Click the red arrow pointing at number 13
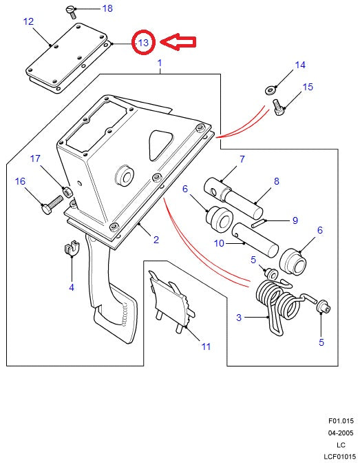tap(176, 43)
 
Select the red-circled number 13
tap(143, 43)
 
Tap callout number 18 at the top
tap(107, 8)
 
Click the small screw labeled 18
tap(69, 9)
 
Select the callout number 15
tap(307, 87)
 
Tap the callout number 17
tap(35, 159)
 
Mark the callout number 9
tap(295, 220)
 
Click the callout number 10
tap(220, 242)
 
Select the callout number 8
tap(276, 182)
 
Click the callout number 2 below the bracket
tap(156, 240)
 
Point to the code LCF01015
tap(339, 456)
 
